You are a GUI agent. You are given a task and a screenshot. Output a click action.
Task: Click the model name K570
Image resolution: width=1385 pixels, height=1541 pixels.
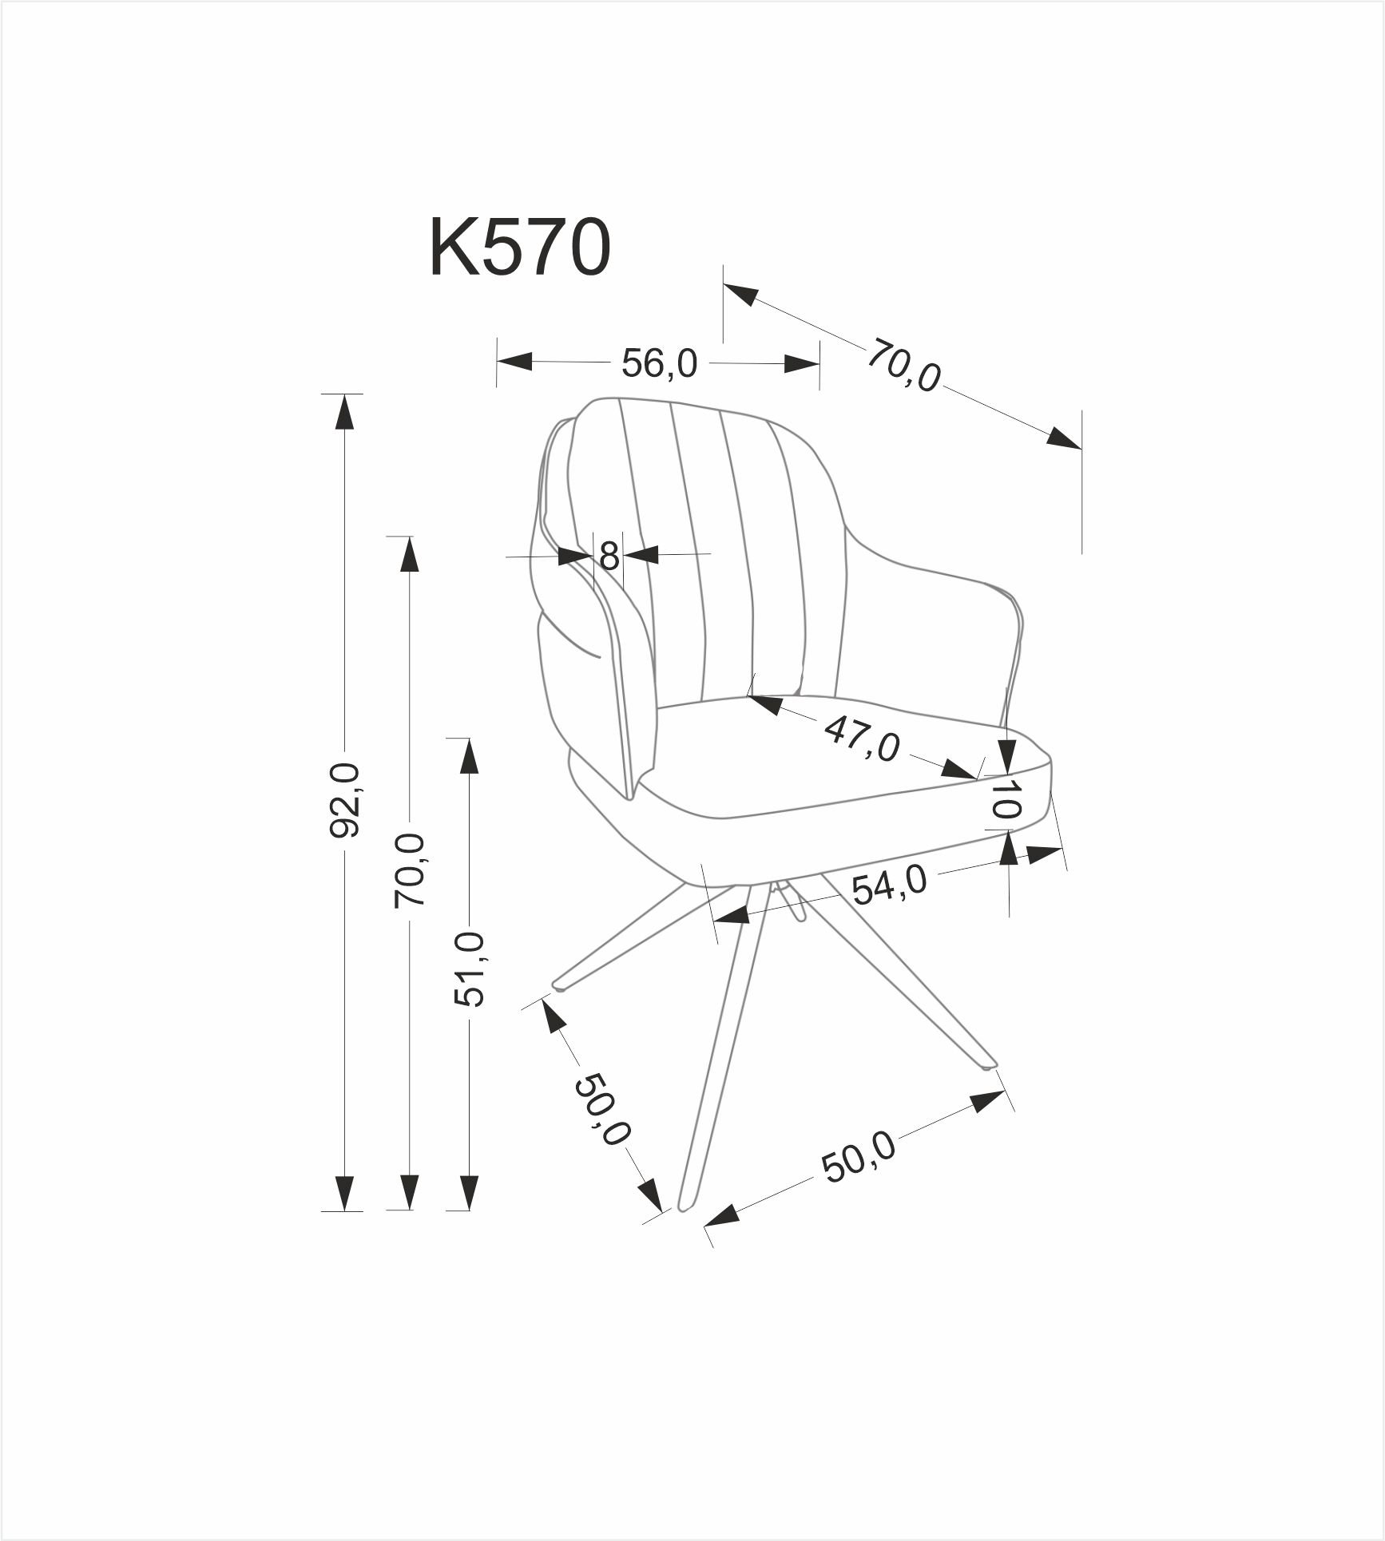[520, 248]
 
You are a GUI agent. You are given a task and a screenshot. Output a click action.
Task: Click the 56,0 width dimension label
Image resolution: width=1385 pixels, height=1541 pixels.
[659, 364]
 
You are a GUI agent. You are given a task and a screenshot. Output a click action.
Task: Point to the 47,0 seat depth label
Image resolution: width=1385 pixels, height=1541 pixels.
[862, 739]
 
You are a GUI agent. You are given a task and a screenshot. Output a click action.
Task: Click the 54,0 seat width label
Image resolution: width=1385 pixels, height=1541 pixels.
[888, 885]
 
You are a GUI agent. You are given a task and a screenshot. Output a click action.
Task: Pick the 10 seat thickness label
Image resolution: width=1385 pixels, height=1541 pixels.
[1006, 798]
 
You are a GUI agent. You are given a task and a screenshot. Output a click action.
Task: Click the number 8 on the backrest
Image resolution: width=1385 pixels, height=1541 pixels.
[609, 556]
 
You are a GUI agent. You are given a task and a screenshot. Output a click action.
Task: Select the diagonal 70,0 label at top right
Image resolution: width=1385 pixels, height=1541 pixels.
[903, 365]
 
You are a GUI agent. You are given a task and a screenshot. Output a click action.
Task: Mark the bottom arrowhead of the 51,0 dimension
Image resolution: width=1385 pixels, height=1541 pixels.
[470, 1214]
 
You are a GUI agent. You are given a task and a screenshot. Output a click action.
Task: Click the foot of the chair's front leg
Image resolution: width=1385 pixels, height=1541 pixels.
[685, 1228]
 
